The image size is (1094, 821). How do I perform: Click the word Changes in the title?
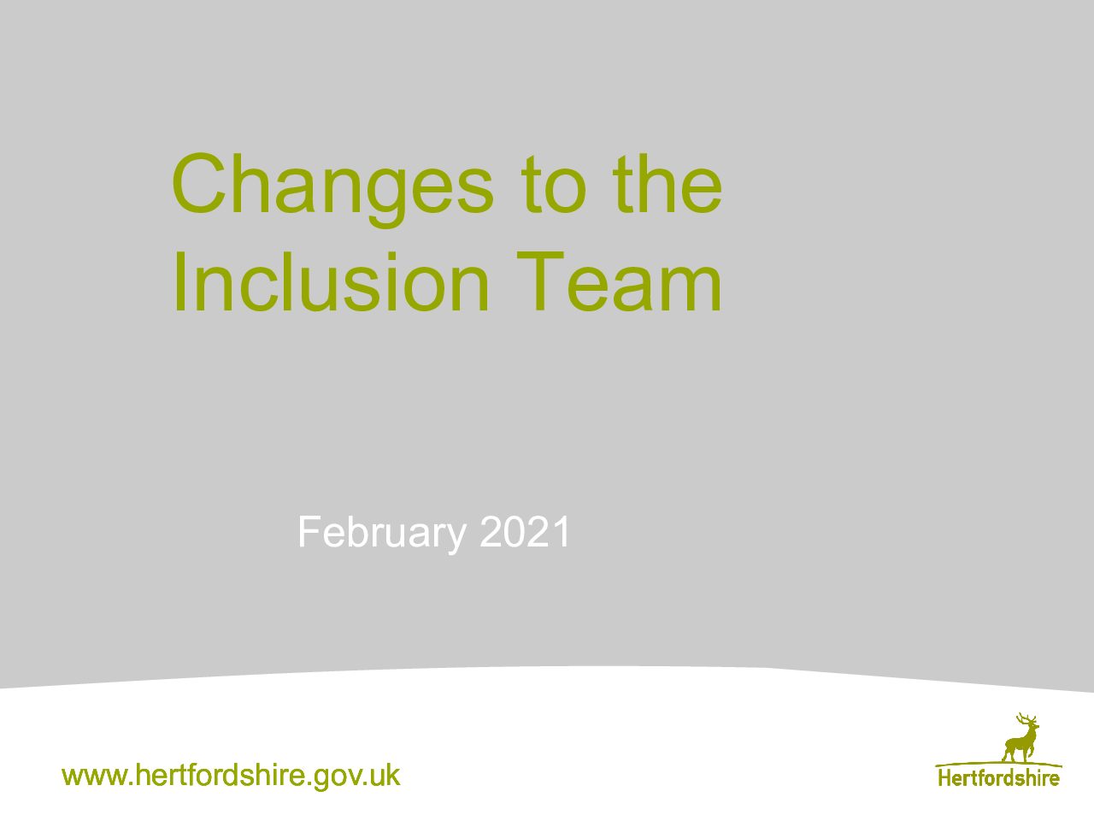pyautogui.click(x=333, y=189)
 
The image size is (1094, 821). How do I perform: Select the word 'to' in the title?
pyautogui.click(x=554, y=184)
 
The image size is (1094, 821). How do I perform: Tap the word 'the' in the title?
pyautogui.click(x=668, y=183)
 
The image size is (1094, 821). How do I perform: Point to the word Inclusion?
pyautogui.click(x=331, y=281)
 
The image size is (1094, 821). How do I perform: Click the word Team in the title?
pyautogui.click(x=619, y=281)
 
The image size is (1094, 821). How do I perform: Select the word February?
pyautogui.click(x=382, y=535)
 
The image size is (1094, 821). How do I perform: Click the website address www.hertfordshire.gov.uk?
pyautogui.click(x=232, y=777)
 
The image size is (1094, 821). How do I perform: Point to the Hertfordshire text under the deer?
pyautogui.click(x=999, y=778)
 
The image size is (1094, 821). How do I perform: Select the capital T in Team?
pyautogui.click(x=540, y=281)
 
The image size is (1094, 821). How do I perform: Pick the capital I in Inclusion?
pyautogui.click(x=179, y=281)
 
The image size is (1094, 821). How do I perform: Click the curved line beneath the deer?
pyautogui.click(x=999, y=764)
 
